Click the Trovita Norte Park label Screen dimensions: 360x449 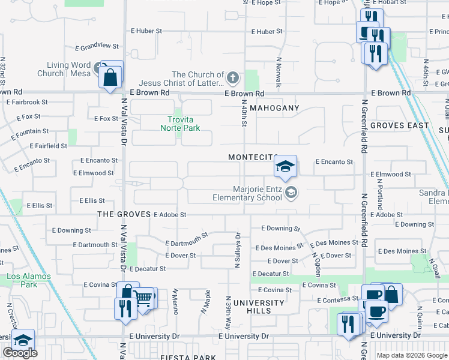pyautogui.click(x=180, y=123)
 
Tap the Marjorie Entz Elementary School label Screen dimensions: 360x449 pyautogui.click(x=247, y=193)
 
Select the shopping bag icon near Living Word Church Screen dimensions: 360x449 pyautogui.click(x=111, y=77)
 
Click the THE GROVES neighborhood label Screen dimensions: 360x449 pyautogui.click(x=122, y=214)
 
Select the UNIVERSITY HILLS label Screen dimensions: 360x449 pyautogui.click(x=260, y=307)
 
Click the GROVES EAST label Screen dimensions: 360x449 pyautogui.click(x=399, y=125)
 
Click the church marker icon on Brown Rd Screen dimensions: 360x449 pyautogui.click(x=233, y=77)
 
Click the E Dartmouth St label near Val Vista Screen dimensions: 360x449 pyautogui.click(x=95, y=245)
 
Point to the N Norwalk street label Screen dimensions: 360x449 pyautogui.click(x=279, y=72)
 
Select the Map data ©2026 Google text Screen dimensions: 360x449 pyautogui.click(x=411, y=355)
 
